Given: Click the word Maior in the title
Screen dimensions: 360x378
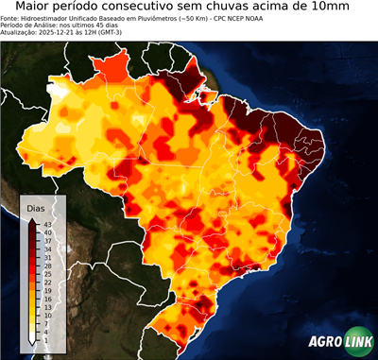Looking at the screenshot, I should (30, 9).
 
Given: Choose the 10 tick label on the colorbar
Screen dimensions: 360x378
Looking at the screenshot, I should (46, 315).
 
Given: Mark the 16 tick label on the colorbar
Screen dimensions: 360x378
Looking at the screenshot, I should (46, 298).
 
